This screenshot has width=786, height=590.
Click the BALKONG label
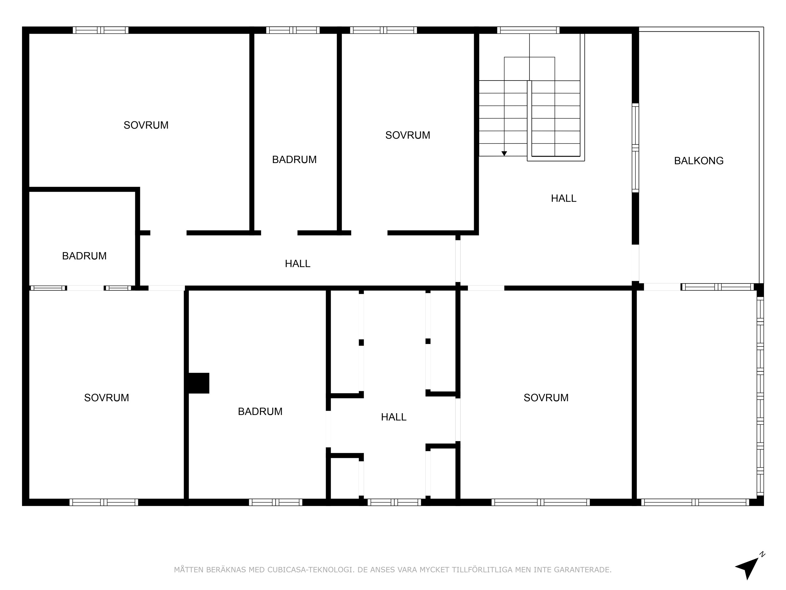(x=699, y=161)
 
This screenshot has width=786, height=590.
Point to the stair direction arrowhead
(x=504, y=154)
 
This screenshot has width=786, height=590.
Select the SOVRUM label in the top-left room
(x=146, y=125)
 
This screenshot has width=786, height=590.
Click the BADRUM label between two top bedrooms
(x=294, y=160)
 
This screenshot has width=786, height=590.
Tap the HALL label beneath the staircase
(x=563, y=199)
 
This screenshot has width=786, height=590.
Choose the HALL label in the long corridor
(x=298, y=263)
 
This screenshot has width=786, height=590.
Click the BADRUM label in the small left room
(x=84, y=256)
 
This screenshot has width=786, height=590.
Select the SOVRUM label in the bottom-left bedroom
(x=107, y=398)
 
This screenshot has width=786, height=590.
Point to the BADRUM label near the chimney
(x=260, y=412)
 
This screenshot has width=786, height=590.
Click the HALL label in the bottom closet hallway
(x=394, y=417)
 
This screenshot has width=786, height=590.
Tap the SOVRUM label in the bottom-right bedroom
(x=546, y=398)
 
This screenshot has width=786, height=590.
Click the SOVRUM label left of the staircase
(x=407, y=135)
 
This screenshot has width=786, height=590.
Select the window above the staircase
(x=529, y=30)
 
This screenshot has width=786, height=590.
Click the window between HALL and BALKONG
(x=635, y=148)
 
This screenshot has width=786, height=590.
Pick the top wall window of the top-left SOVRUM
(x=101, y=30)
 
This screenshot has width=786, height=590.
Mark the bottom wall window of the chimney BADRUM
(x=276, y=502)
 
